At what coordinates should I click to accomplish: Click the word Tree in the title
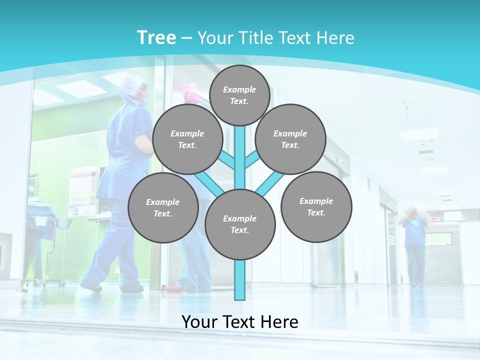pos(156,38)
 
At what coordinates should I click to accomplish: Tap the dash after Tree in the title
pos(186,38)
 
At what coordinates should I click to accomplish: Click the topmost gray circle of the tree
pos(239,95)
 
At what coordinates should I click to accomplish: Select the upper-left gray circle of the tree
pos(187,139)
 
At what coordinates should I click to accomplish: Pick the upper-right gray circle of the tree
pos(290,139)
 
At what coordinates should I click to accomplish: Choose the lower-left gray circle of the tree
pos(163,207)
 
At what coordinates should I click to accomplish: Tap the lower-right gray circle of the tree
pos(316,206)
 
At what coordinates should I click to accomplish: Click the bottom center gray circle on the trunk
pos(240,224)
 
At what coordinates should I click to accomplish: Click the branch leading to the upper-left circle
pos(228,161)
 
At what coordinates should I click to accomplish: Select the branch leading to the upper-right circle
pos(251,160)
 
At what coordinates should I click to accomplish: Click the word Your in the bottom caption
pos(198,321)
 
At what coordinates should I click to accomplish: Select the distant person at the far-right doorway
pos(414,245)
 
